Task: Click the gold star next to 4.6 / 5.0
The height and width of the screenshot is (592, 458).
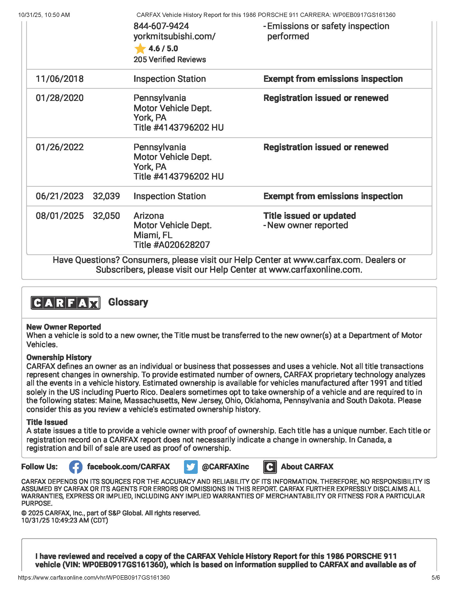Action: [x=140, y=49]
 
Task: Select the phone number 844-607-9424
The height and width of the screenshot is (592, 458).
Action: [x=161, y=26]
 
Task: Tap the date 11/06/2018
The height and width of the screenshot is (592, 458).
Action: [x=60, y=79]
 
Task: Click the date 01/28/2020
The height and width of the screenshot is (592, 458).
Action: [x=60, y=98]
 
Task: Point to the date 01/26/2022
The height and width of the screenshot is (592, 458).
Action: [x=60, y=147]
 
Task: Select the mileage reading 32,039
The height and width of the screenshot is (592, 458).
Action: [x=106, y=196]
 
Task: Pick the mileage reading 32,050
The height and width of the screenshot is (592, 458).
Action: [x=106, y=216]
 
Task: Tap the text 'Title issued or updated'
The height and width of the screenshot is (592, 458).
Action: [x=310, y=216]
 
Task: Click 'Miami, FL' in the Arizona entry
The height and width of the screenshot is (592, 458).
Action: [x=153, y=235]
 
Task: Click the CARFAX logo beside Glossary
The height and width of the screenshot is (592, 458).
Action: [x=65, y=303]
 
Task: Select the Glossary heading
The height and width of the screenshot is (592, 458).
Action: [x=128, y=302]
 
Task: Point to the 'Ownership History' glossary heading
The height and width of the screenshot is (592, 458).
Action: [x=59, y=357]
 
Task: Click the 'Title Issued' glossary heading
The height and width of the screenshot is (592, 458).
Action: [x=47, y=422]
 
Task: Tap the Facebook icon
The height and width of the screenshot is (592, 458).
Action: [x=76, y=467]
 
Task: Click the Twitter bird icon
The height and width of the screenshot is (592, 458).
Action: [x=191, y=467]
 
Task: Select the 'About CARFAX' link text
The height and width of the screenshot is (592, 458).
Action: [x=307, y=467]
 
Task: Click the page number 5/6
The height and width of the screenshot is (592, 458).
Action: [x=435, y=578]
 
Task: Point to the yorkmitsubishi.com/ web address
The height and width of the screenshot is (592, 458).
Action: [x=175, y=36]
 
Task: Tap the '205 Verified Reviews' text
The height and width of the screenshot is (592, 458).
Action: [x=169, y=60]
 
